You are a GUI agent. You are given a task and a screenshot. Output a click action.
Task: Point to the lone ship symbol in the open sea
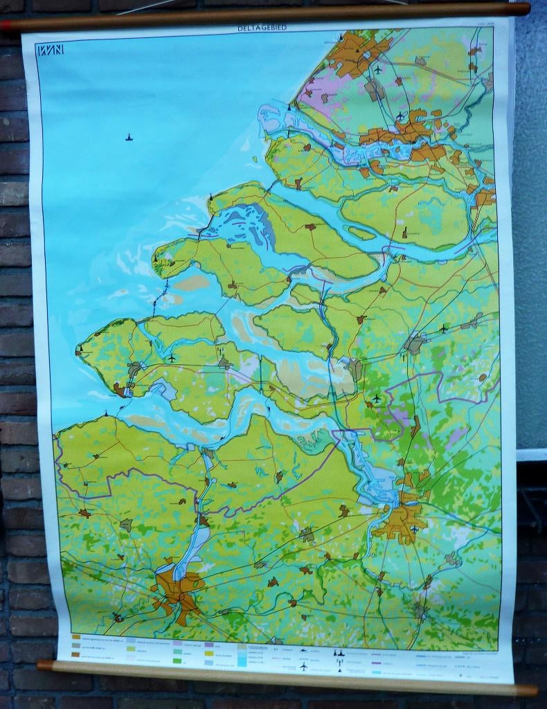tap(129, 137)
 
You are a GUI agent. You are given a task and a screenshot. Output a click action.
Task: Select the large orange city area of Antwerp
tap(400, 521)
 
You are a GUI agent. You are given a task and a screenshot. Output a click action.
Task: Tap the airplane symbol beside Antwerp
tap(415, 530)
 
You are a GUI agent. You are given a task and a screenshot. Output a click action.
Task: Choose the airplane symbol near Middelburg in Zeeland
tap(172, 358)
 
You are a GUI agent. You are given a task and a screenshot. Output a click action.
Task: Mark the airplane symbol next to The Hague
tap(377, 69)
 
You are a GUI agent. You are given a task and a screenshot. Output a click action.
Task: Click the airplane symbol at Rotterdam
tap(400, 116)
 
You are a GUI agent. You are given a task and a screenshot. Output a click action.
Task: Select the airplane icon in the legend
tap(303, 666)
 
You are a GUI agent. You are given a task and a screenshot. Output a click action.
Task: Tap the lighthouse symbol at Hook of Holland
tap(289, 107)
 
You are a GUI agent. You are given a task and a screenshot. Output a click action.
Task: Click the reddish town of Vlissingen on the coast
tap(121, 391)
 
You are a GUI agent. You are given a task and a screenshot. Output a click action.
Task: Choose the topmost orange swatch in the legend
tap(76, 636)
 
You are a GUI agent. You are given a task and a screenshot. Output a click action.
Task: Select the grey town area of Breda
tap(415, 343)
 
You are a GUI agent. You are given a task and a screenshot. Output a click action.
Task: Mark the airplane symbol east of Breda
tap(443, 327)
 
